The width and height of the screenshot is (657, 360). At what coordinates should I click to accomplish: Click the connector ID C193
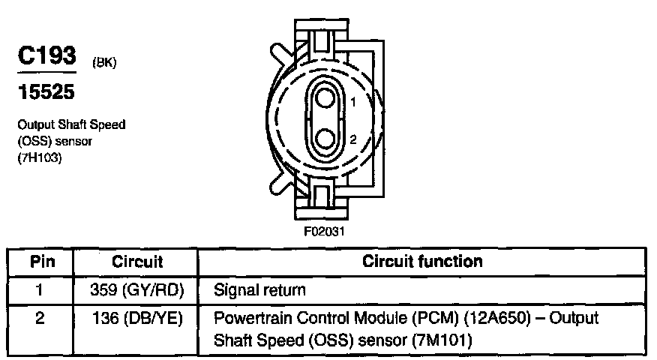pyautogui.click(x=46, y=56)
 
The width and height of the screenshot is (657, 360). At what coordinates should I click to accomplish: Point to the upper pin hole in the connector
pyautogui.click(x=325, y=97)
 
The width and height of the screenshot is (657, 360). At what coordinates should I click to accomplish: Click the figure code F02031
pyautogui.click(x=325, y=230)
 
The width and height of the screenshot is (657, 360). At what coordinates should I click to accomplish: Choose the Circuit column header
pyautogui.click(x=137, y=262)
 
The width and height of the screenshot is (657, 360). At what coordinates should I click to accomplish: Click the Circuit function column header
pyautogui.click(x=422, y=262)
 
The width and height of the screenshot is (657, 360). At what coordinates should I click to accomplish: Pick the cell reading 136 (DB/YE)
pyautogui.click(x=137, y=318)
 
